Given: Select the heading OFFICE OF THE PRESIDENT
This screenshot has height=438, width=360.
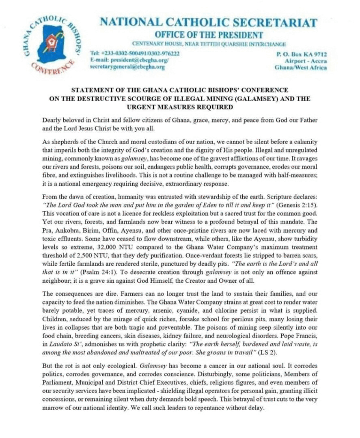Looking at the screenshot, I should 209,35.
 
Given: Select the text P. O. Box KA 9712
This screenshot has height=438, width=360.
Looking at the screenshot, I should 302,54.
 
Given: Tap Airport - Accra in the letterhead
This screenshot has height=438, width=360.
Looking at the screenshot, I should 308,61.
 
